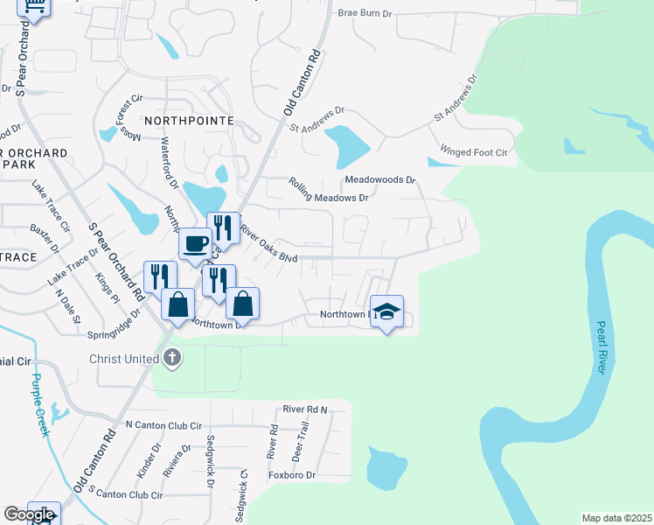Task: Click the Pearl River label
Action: (601, 347)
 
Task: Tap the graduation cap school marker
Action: (386, 311)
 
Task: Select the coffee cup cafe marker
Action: (195, 243)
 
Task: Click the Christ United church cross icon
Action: (172, 358)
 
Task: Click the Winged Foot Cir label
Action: (474, 151)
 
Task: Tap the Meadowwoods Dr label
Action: (379, 179)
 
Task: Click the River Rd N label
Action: (304, 409)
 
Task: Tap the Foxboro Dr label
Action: (292, 475)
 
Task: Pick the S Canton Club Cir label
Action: (125, 494)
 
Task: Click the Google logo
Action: (28, 514)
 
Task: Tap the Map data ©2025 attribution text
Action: (616, 518)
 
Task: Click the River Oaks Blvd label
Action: (269, 246)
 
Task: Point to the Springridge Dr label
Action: (114, 323)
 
